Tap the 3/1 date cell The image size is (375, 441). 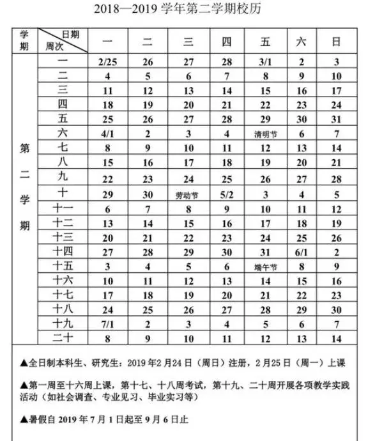pos(265,62)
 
